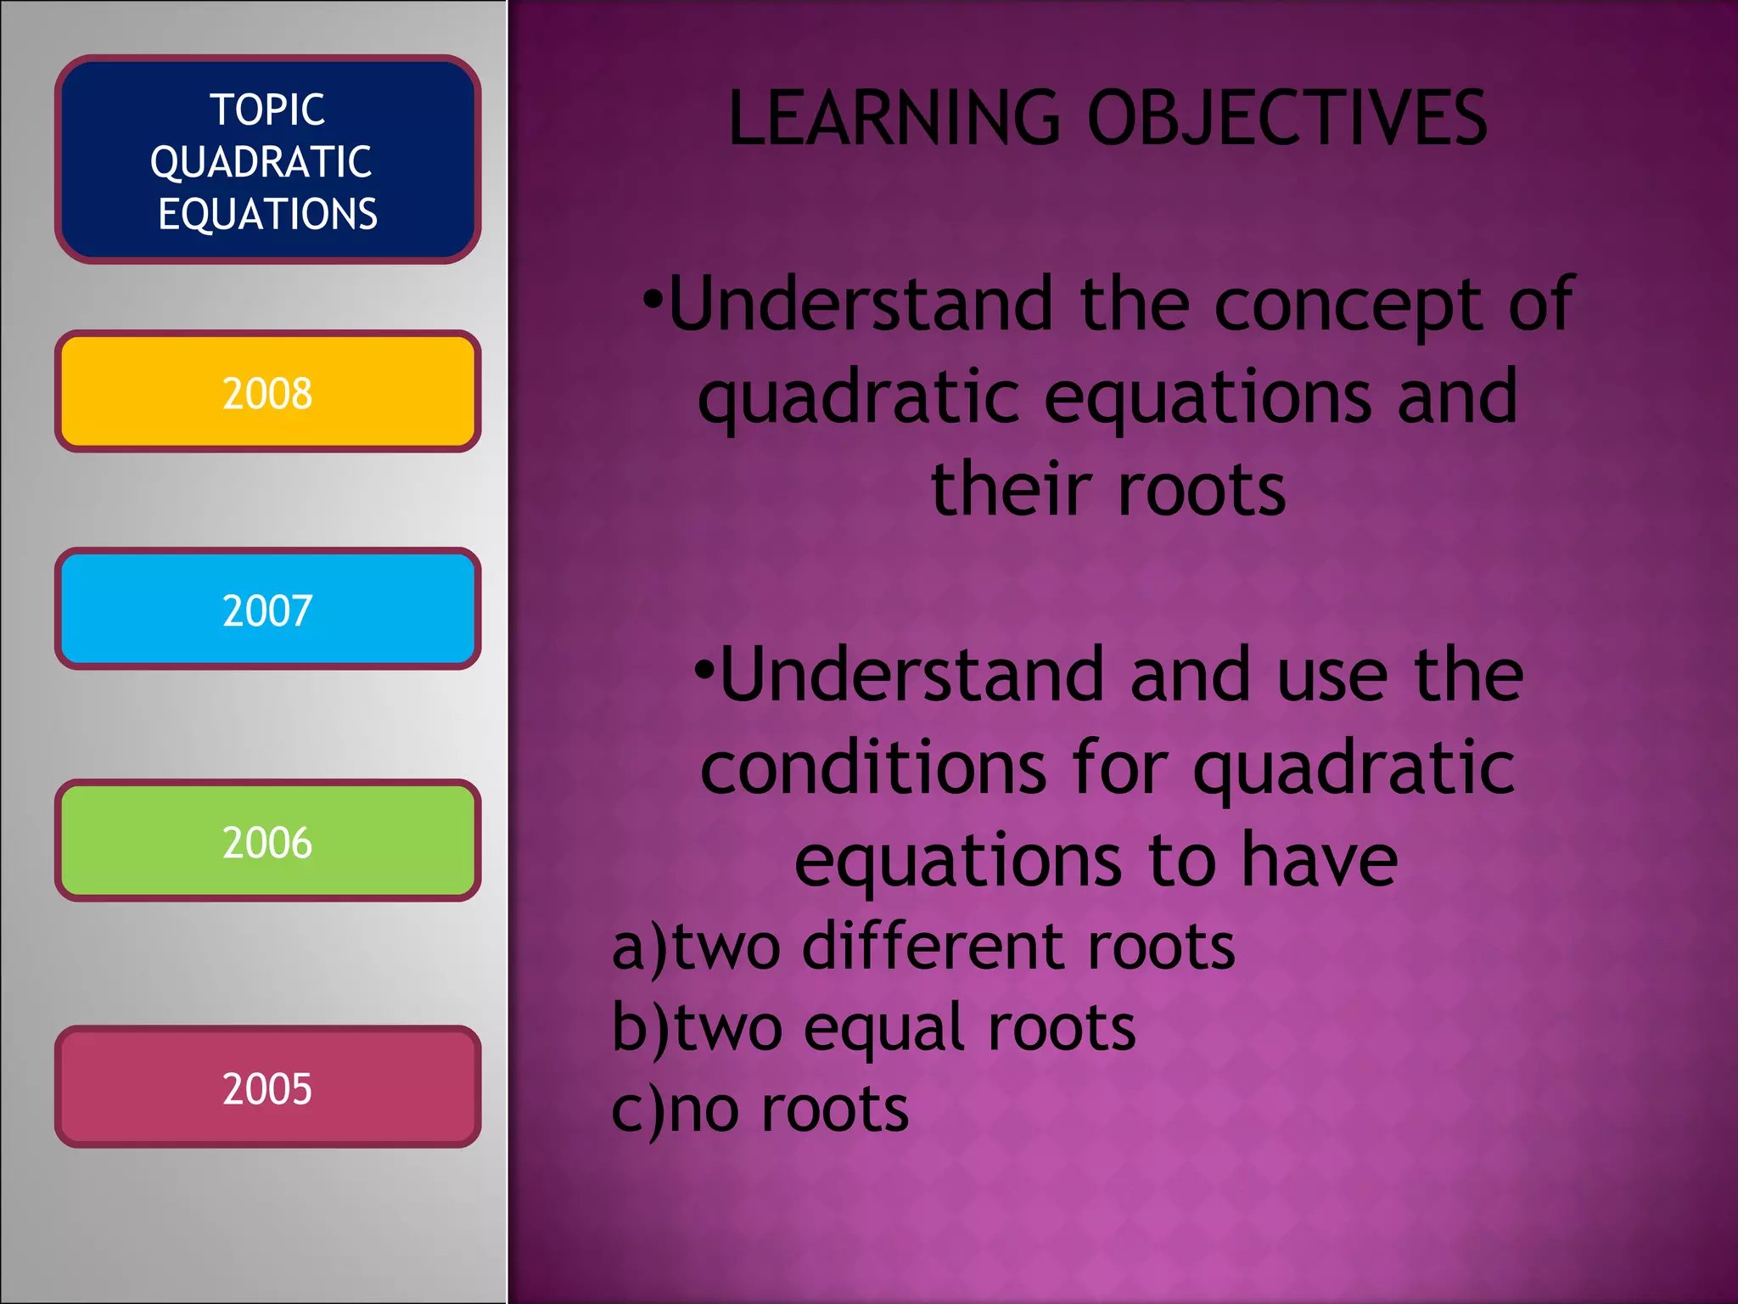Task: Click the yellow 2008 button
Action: [x=267, y=392]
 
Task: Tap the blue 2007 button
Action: [x=267, y=610]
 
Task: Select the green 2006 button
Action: [x=267, y=841]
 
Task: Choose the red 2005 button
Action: [x=267, y=1088]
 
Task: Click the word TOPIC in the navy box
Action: [x=267, y=110]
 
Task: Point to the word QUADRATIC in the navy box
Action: [x=261, y=162]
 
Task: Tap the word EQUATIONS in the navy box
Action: [x=267, y=214]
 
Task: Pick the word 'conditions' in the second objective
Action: [x=873, y=768]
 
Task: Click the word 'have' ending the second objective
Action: [x=1319, y=861]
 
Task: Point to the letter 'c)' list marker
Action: [x=638, y=1110]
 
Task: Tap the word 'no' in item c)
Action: [x=704, y=1110]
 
